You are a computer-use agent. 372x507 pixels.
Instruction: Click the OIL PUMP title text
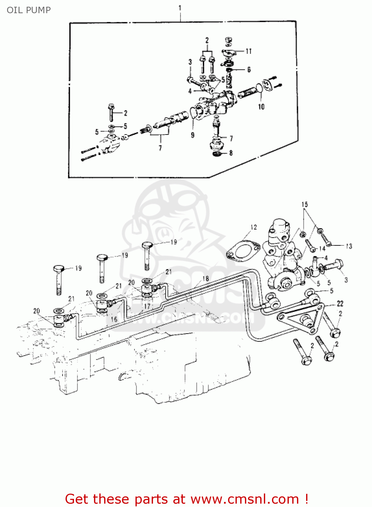coord(29,10)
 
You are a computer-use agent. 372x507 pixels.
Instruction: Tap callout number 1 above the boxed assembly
coord(180,8)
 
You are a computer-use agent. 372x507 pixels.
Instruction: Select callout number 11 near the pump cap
coord(249,51)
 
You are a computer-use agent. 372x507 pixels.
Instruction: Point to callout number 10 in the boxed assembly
coord(261,107)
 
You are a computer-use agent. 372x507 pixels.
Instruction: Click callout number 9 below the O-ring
coord(193,135)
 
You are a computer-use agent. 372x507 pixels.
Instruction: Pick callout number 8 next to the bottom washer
coord(231,153)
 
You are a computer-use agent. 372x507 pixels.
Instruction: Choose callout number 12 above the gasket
coord(253,227)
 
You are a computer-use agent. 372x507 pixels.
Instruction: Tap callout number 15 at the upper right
coord(304,204)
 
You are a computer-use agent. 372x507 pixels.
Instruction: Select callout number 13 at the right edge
coord(349,246)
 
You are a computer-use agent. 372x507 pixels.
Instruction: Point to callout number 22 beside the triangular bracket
coord(340,304)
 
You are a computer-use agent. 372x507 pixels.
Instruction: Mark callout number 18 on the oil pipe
coord(205,279)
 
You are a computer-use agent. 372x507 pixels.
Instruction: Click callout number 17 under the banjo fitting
coord(147,306)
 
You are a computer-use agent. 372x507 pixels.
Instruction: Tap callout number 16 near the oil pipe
coord(114,319)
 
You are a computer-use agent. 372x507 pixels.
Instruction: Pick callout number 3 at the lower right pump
coord(346,280)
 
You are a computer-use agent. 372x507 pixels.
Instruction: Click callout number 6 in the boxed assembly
coord(249,70)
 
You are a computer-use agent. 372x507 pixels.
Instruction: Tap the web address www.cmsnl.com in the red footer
coord(245,499)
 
